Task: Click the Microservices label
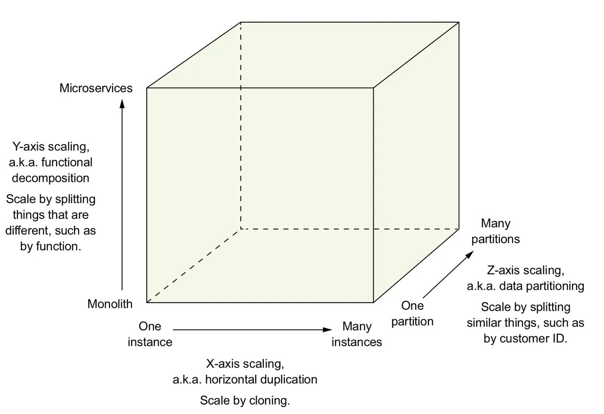click(x=96, y=88)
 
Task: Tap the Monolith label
click(x=110, y=304)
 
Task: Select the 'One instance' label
click(x=150, y=334)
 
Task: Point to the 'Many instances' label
click(x=357, y=334)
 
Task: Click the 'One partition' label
click(x=412, y=314)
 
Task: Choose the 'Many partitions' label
click(x=495, y=231)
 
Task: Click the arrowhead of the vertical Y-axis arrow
click(x=122, y=103)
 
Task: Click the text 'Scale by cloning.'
click(x=244, y=401)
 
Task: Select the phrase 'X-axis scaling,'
click(x=245, y=364)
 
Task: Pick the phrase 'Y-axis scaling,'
click(x=50, y=147)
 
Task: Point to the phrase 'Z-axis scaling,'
click(x=525, y=271)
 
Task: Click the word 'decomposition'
click(x=50, y=178)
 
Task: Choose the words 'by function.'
click(x=51, y=247)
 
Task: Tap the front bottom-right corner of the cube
click(x=374, y=302)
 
